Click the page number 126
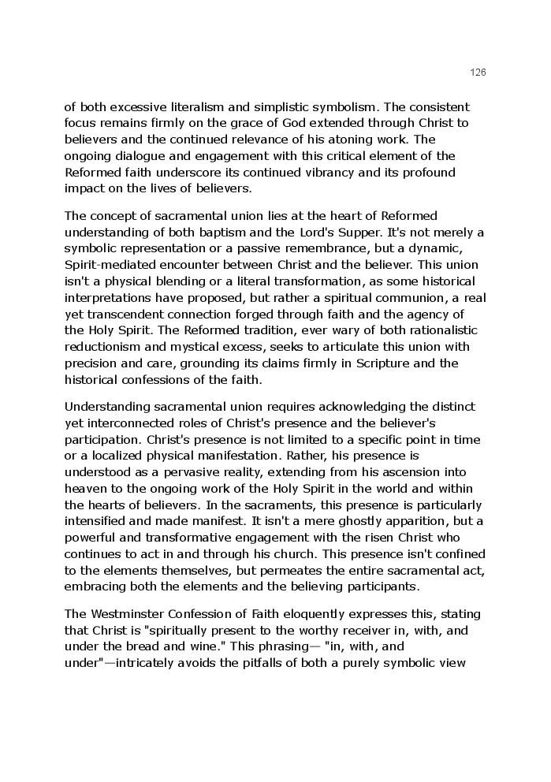click(x=478, y=73)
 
